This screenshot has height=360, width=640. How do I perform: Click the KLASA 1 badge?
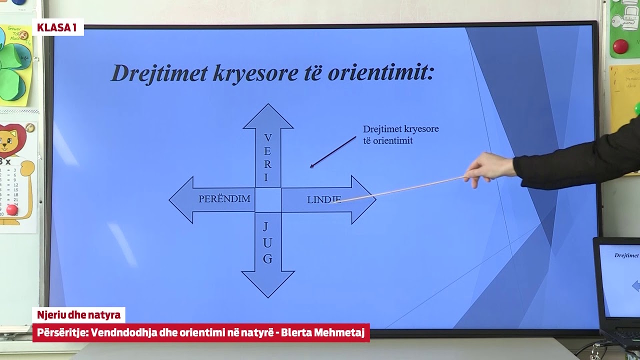point(57,27)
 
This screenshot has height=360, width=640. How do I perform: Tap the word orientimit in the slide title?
point(380,73)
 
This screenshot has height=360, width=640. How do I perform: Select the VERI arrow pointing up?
point(268,145)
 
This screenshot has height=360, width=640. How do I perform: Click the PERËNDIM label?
point(224,199)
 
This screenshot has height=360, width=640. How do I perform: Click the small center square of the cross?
point(268,200)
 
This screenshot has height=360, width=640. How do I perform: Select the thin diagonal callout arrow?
point(333,152)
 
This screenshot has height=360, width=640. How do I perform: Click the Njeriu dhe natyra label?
point(78,315)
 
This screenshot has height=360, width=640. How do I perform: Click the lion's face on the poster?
point(10,140)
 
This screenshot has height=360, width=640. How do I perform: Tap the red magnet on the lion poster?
point(12,209)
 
